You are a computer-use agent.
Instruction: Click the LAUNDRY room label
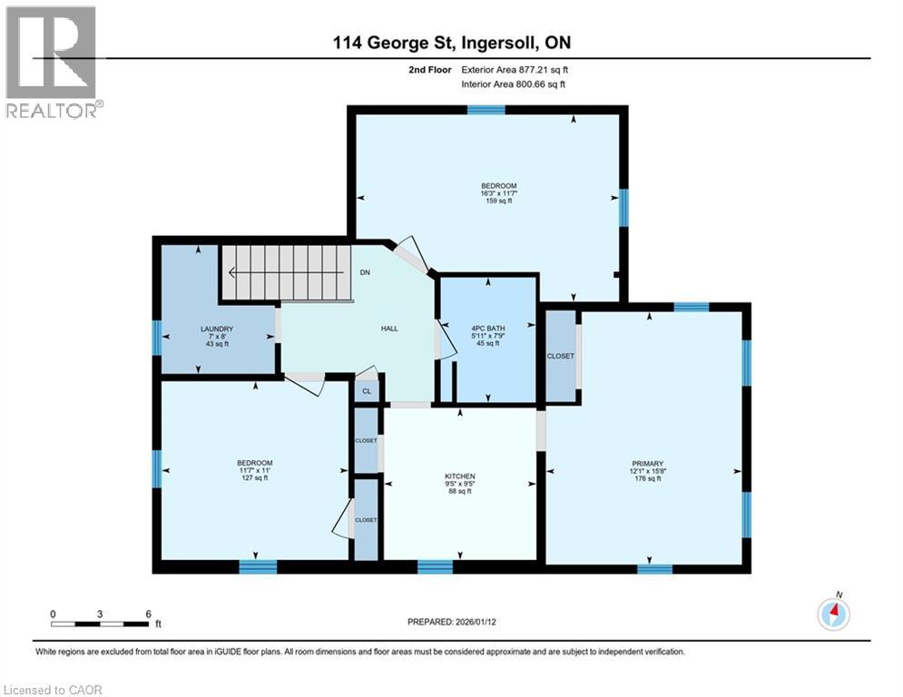[x=217, y=329]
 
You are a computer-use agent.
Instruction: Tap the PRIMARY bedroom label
[x=648, y=463]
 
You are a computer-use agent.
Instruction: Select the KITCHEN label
[x=459, y=476]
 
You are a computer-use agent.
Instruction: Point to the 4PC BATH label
[x=487, y=329]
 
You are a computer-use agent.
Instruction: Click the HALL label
[x=389, y=329]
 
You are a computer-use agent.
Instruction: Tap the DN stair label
[x=365, y=272]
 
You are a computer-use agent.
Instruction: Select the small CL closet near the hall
[x=367, y=391]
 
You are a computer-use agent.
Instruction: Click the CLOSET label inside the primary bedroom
[x=560, y=356]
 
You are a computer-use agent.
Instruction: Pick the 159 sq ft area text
[x=499, y=201]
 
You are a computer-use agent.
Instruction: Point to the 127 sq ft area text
[x=254, y=477]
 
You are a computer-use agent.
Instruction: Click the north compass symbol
[x=834, y=613]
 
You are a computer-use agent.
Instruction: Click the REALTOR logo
[x=53, y=62]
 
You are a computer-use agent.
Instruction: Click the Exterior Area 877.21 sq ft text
[x=515, y=70]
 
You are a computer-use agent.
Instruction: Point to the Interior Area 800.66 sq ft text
[x=513, y=84]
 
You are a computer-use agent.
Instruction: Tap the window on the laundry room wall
[x=157, y=339]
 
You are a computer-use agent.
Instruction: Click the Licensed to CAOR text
[x=53, y=690]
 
